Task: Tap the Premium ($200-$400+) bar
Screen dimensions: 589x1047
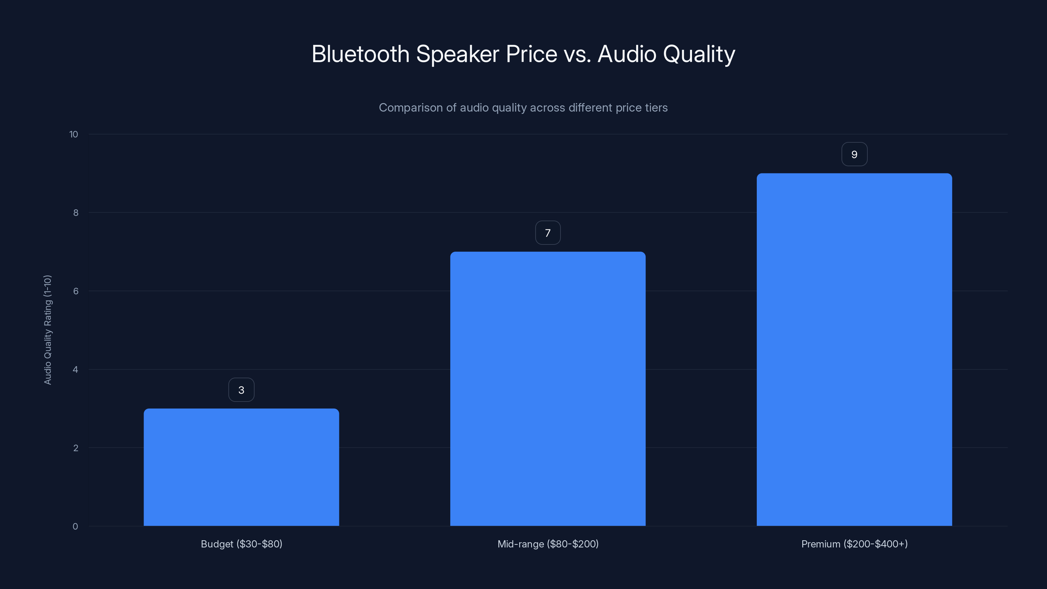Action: coord(854,349)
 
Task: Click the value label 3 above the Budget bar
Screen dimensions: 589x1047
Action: coord(241,390)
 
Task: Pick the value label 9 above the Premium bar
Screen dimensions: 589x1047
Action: coord(854,154)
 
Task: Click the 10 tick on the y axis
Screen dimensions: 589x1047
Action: coord(74,134)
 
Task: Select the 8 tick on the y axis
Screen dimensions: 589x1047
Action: coord(76,213)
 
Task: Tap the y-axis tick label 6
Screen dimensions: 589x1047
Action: coord(76,291)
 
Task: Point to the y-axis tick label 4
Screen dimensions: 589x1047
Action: coord(76,369)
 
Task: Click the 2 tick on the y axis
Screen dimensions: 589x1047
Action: coord(76,448)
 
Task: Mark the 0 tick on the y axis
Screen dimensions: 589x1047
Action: coord(76,527)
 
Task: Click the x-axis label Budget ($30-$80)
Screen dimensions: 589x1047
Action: coord(241,544)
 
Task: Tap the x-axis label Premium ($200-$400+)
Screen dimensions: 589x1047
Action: coord(854,544)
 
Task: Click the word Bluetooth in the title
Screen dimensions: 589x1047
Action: coord(360,54)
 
